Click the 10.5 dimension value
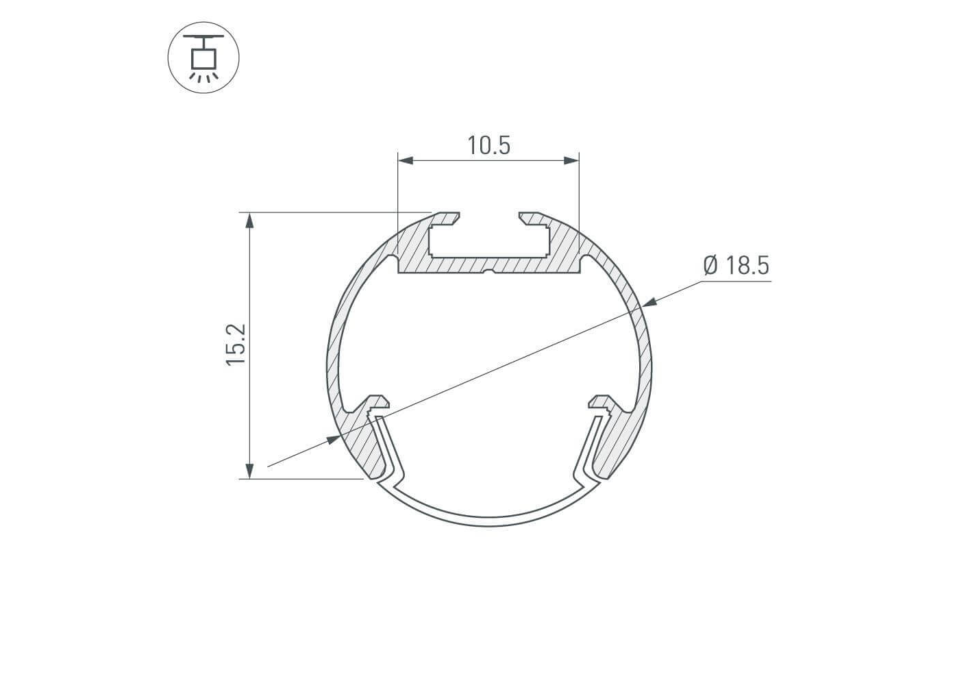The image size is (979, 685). coord(488,145)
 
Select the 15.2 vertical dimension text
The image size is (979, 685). coord(236,345)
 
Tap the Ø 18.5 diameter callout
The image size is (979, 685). coord(736,266)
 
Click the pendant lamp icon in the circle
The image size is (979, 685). coord(203,58)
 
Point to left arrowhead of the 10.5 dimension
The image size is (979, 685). coord(405,161)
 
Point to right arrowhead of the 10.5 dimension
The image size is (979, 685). coord(571,161)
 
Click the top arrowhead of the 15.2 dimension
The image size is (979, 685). coord(249,221)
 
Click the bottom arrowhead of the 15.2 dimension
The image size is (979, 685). coord(249,471)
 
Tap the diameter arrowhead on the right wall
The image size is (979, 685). coord(650,302)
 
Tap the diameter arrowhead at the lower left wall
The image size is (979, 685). coord(334,440)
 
